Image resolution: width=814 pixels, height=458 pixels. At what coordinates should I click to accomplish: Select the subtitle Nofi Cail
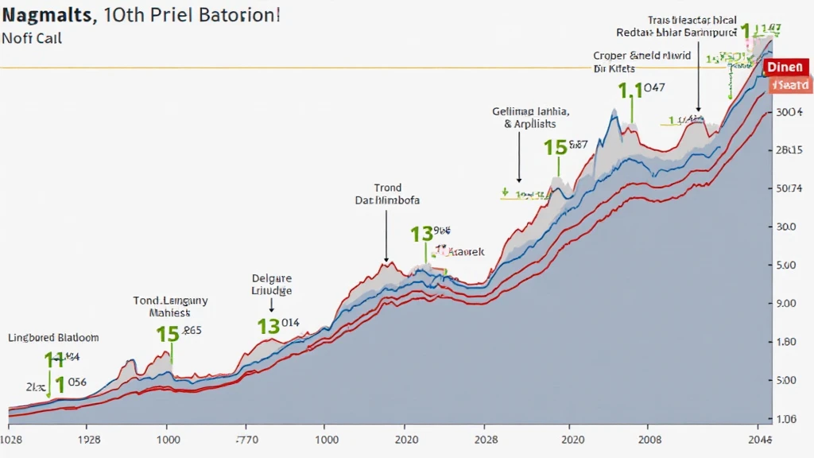32,37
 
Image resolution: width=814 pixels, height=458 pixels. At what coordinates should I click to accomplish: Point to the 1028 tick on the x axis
10,439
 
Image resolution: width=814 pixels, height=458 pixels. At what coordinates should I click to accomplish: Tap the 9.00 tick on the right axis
785,303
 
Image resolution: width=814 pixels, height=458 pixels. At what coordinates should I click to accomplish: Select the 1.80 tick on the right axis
785,342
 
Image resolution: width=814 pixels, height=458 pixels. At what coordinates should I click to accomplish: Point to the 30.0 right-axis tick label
785,227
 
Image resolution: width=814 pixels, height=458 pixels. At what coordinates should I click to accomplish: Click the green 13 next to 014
269,326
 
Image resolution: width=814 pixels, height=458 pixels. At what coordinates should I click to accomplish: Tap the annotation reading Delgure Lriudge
272,285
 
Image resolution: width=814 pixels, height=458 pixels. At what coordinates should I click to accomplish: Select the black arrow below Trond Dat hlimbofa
386,236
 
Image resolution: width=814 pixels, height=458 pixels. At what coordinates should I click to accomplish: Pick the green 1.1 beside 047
630,91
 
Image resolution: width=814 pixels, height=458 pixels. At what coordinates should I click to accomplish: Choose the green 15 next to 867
555,147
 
